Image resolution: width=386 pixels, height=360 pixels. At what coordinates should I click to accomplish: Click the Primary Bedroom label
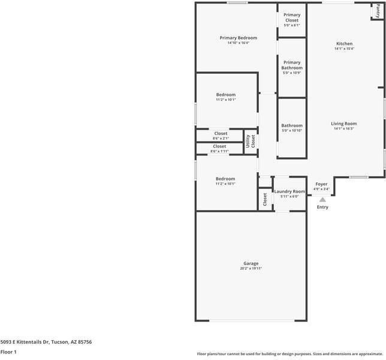point(239,38)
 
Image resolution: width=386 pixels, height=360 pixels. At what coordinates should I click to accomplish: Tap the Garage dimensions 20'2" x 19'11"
point(251,268)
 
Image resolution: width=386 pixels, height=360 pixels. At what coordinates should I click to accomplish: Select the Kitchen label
point(345,44)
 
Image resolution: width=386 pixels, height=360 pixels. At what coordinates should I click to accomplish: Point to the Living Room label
point(343,124)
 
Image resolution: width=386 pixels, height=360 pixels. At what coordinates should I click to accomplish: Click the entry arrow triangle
point(322,199)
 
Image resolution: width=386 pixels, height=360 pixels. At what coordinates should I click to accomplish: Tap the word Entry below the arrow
point(322,207)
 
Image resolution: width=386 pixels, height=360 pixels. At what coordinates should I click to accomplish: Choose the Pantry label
point(378,11)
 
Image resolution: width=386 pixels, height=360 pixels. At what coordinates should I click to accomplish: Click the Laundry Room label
point(289,191)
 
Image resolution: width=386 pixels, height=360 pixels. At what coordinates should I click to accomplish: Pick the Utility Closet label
point(251,141)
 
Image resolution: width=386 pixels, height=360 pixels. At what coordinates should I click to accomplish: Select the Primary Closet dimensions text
point(292,25)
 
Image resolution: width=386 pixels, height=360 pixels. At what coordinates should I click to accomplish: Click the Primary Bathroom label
point(292,65)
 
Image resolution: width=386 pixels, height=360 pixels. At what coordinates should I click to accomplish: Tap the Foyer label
point(321,184)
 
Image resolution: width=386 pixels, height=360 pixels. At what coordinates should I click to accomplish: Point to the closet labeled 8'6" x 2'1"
point(221,136)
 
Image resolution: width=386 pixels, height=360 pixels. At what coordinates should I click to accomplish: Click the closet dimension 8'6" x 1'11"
point(219,151)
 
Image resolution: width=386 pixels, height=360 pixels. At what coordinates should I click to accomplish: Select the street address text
point(46,342)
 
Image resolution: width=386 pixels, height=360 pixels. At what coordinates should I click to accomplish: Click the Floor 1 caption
point(8,352)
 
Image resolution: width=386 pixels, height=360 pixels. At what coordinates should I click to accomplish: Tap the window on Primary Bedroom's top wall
point(237,3)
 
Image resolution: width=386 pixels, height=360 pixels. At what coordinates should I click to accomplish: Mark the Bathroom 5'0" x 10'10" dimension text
point(292,130)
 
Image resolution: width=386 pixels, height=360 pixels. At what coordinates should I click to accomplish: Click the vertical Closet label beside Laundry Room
point(265,199)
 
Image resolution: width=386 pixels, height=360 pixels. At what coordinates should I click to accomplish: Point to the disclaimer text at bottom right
point(290,354)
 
